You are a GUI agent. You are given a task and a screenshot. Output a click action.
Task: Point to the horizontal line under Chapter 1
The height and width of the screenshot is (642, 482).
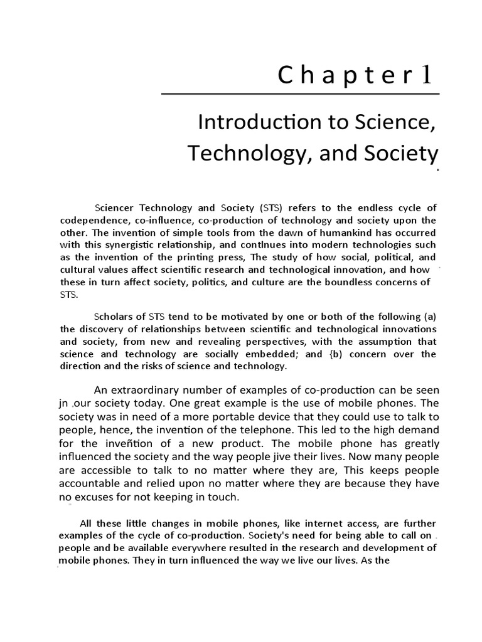tap(301, 94)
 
